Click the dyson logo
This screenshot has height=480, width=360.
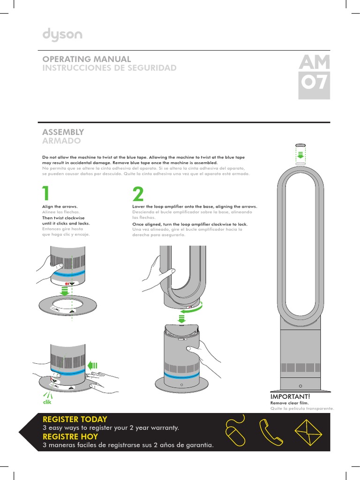click(x=62, y=35)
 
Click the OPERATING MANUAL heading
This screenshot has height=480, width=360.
click(x=87, y=59)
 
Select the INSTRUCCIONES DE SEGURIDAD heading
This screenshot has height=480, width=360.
click(x=109, y=68)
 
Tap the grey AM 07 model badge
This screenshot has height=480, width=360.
click(x=314, y=77)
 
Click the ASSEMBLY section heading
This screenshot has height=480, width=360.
click(x=63, y=132)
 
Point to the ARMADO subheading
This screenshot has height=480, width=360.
click(x=61, y=141)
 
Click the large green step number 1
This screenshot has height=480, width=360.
click(x=45, y=194)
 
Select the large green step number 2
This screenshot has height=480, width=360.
click(x=138, y=194)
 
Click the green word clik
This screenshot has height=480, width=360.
click(x=46, y=402)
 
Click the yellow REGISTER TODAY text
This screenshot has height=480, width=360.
click(x=75, y=419)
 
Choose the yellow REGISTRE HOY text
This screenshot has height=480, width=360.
click(x=70, y=436)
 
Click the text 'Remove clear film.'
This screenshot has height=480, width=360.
click(x=289, y=403)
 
